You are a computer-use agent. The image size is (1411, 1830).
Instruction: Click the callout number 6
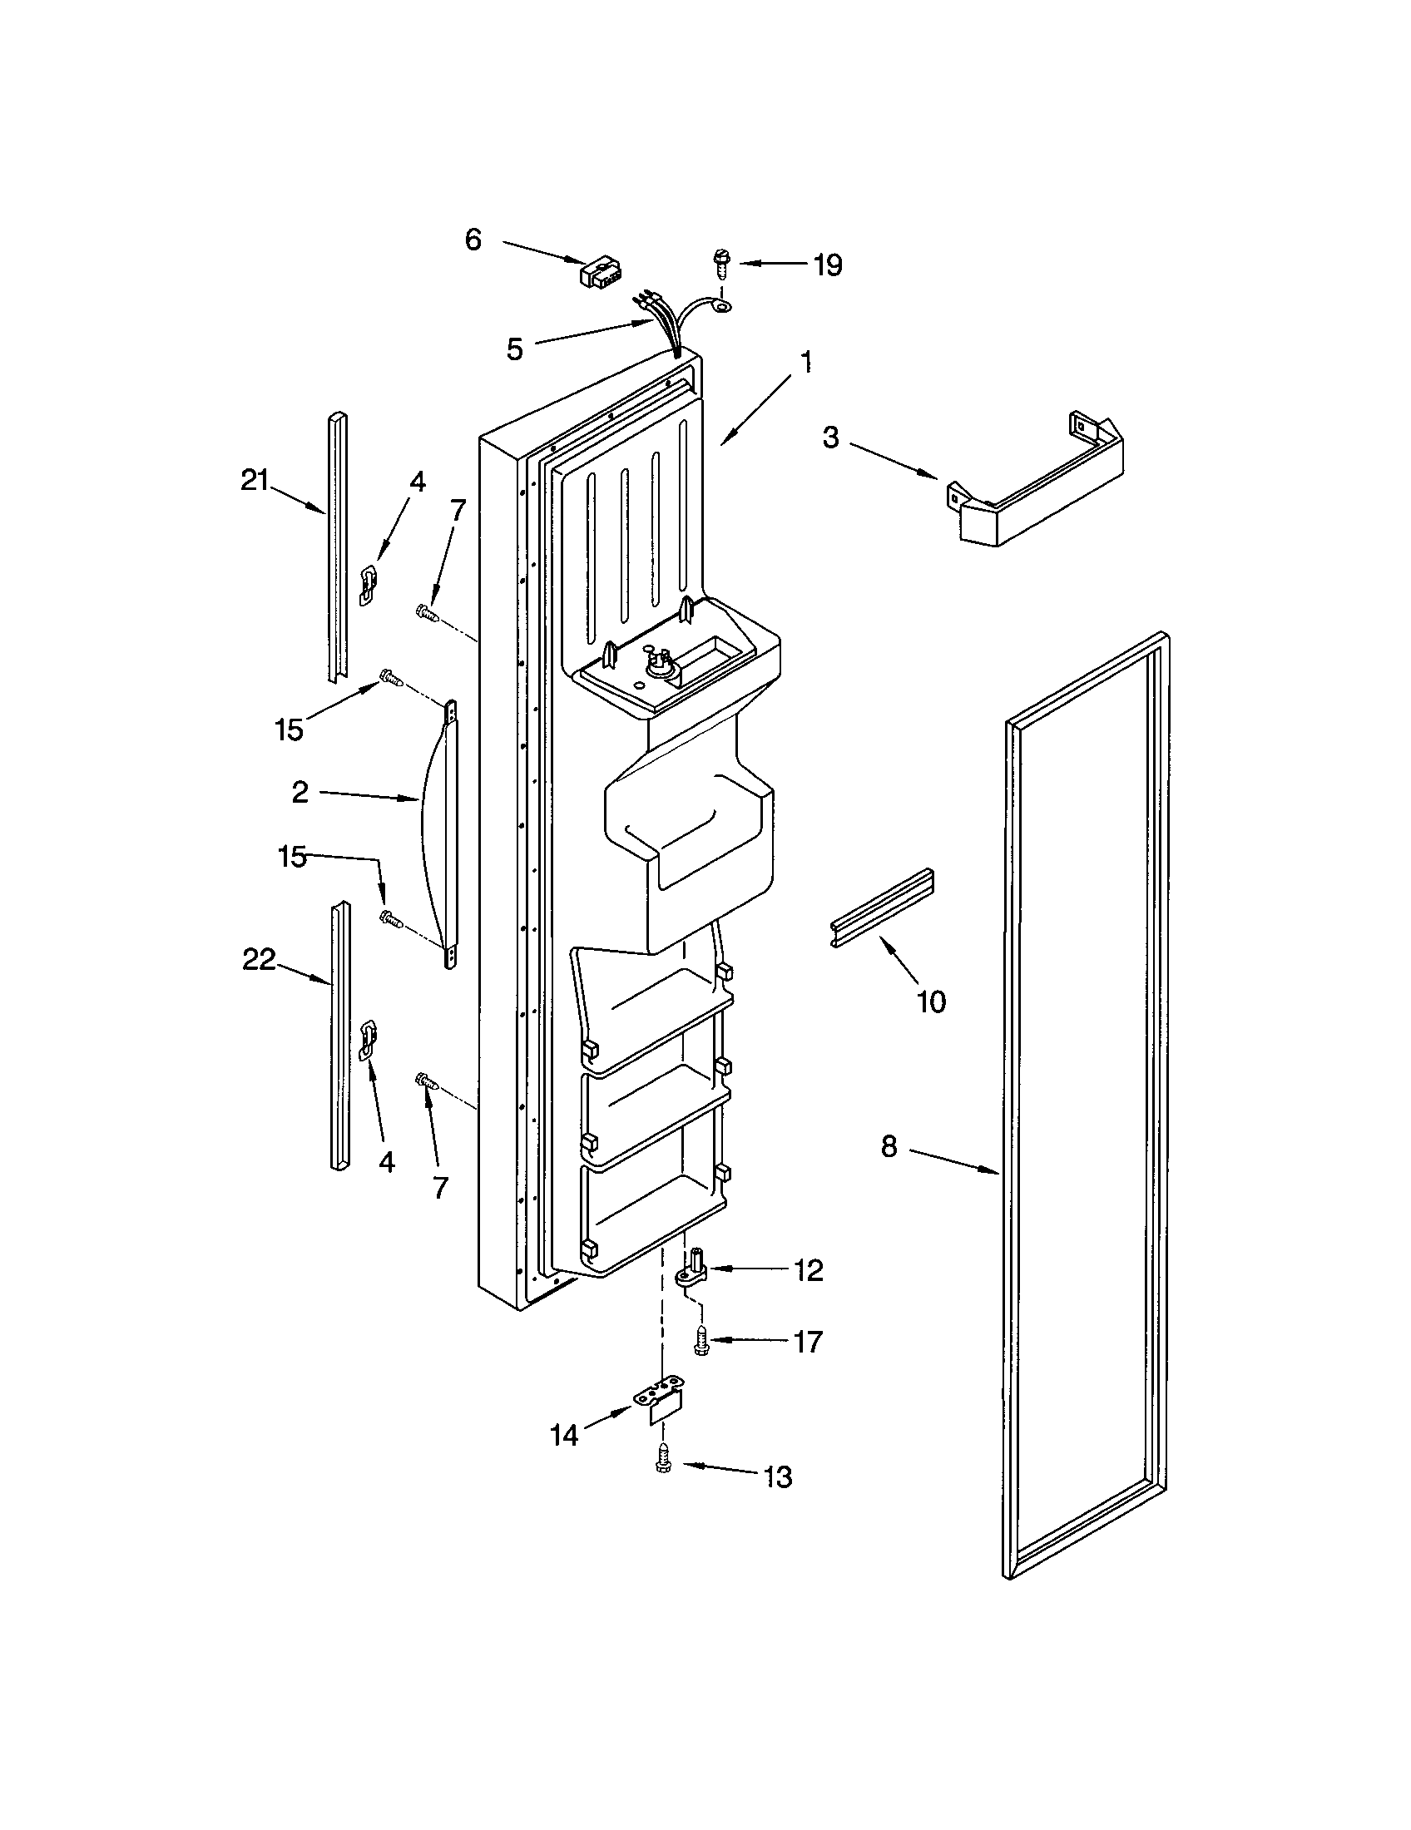point(473,240)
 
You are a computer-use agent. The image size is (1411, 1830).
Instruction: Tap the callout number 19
point(827,265)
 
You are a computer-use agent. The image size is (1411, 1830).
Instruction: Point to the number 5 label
point(514,349)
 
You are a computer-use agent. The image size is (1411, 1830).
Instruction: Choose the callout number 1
point(805,363)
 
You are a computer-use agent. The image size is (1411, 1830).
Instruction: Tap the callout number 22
point(259,960)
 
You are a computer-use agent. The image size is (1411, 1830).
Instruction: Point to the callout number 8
point(889,1145)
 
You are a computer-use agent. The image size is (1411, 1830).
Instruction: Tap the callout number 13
point(778,1477)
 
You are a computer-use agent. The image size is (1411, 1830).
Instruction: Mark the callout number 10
point(931,1002)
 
